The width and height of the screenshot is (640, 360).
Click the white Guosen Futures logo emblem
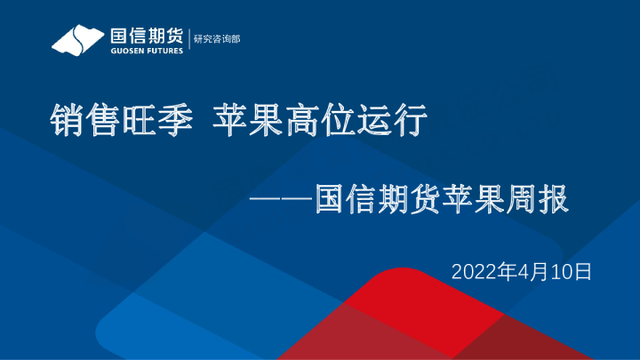coord(77,40)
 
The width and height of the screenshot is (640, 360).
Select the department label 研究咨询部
coord(217,39)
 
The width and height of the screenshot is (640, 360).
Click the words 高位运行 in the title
coord(358,120)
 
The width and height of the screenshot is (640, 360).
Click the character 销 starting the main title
coord(67,120)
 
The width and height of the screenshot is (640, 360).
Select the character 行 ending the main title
coord(412,120)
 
